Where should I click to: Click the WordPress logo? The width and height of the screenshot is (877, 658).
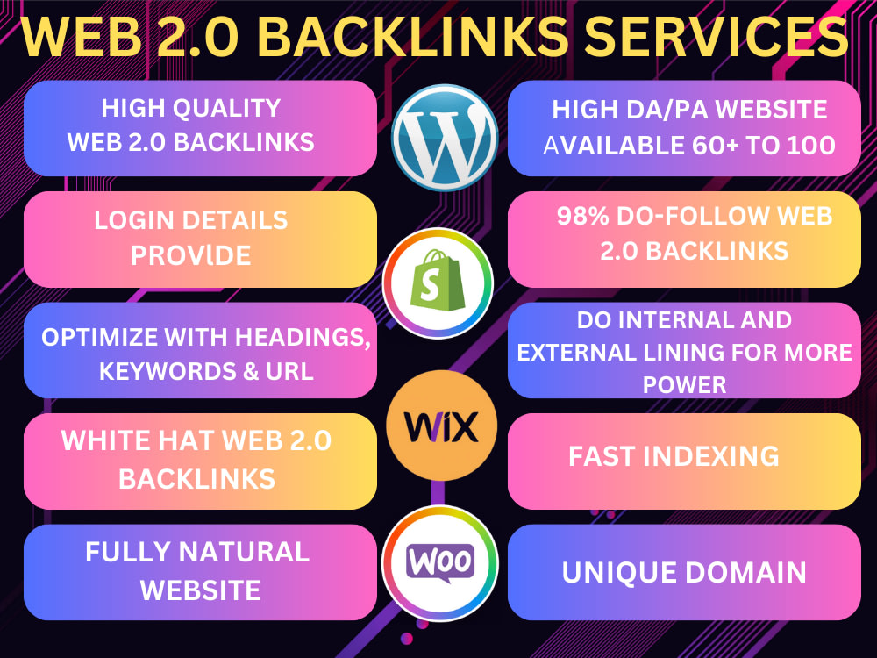(x=445, y=138)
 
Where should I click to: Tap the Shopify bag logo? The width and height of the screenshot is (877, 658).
(x=438, y=283)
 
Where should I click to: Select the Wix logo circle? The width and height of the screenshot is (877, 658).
(x=441, y=426)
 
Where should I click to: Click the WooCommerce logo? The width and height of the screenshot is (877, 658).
(x=440, y=563)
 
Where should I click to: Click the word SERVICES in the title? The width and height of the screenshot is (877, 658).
(x=717, y=36)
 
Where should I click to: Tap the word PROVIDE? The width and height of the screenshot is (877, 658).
(x=190, y=255)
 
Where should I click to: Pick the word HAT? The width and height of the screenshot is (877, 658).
(x=187, y=440)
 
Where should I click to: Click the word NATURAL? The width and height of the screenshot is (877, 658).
(x=243, y=552)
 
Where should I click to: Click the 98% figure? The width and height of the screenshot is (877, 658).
(x=582, y=216)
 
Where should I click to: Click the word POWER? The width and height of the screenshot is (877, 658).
(x=685, y=385)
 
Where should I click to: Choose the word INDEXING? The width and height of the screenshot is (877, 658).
(x=711, y=456)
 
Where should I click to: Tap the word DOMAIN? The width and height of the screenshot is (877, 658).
(x=745, y=573)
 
